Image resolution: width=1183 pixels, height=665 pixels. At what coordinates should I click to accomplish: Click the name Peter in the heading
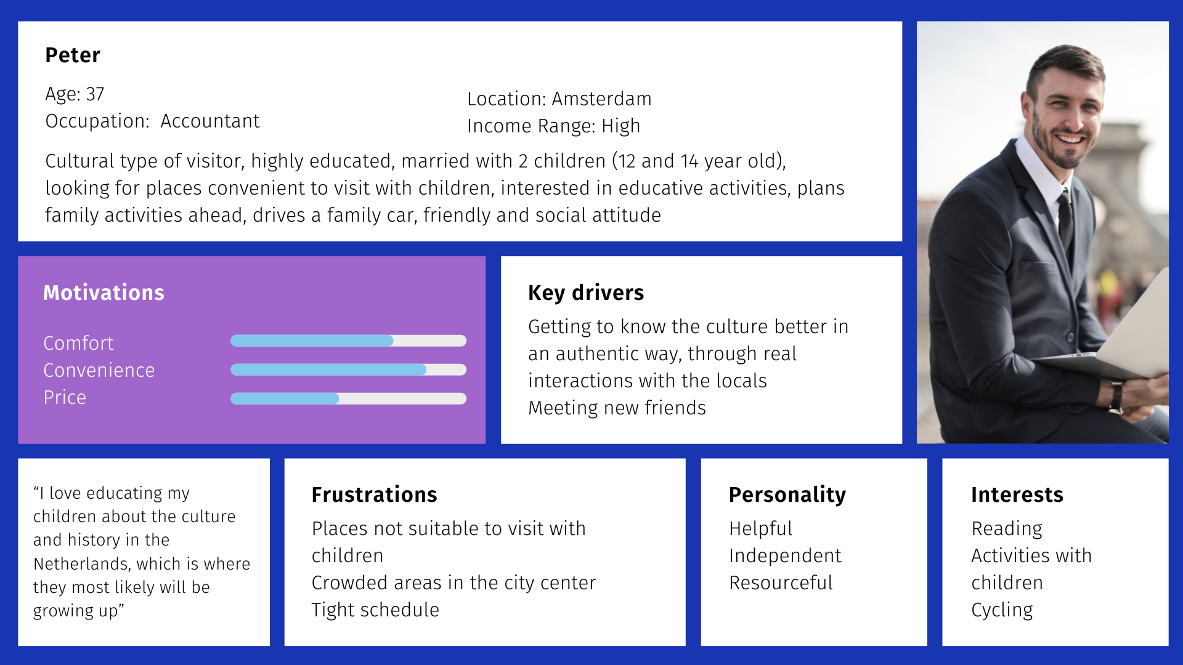(x=73, y=55)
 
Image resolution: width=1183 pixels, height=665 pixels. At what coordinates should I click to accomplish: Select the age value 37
(x=95, y=94)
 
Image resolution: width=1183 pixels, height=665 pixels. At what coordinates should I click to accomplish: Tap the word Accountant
(x=210, y=121)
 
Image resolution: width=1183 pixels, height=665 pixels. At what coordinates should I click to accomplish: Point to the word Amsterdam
(x=601, y=99)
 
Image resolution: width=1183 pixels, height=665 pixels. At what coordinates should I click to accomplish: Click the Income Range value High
(x=621, y=126)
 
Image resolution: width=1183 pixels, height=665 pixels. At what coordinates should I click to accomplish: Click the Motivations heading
(x=104, y=292)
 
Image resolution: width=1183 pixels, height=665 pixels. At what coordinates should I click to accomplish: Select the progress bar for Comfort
(x=348, y=341)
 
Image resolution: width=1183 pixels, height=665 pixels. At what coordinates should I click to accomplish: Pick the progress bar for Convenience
(x=348, y=369)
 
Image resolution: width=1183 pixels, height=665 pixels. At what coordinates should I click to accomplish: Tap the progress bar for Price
(x=348, y=398)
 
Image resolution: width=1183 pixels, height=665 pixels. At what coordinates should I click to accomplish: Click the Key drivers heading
(x=586, y=292)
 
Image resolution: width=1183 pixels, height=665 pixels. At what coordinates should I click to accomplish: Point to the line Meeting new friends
(x=617, y=408)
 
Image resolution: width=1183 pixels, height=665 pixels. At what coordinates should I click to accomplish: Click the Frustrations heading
(x=374, y=494)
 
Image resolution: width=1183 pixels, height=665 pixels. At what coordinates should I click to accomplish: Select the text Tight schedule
(x=375, y=610)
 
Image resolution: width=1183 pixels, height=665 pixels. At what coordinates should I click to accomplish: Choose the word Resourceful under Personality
(x=781, y=582)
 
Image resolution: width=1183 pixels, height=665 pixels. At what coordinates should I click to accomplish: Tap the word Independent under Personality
(x=785, y=555)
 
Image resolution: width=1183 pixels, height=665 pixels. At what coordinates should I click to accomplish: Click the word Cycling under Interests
(x=1002, y=610)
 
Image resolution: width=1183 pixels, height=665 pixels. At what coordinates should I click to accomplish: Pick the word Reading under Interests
(x=1007, y=529)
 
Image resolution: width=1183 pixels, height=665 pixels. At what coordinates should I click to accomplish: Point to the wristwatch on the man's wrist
(x=1116, y=397)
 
